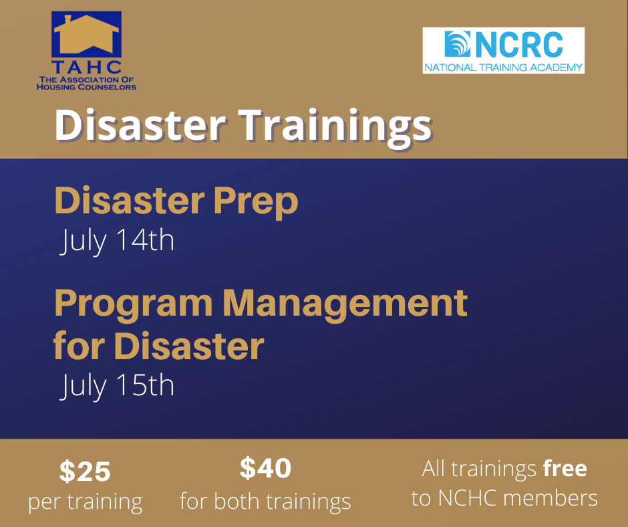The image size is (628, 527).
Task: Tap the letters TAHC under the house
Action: coord(86,68)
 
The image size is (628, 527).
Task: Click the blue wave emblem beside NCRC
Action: coord(458,44)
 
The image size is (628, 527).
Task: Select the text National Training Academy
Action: coord(504,68)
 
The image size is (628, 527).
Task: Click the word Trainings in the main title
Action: coord(335,126)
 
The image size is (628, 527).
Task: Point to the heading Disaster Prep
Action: coord(176,201)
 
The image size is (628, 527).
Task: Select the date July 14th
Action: coord(117,241)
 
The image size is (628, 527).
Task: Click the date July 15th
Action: coord(117,386)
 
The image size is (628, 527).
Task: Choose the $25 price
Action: coord(85,471)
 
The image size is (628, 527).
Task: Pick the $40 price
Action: coord(265,467)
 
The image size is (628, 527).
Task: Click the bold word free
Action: coord(565,468)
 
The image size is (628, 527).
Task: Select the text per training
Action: coord(86,502)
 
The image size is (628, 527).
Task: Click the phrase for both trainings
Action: coord(265,502)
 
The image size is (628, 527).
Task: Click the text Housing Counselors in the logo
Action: coord(86,87)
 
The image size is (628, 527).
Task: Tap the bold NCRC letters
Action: coord(519,45)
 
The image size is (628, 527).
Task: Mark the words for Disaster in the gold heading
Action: coord(159,346)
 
